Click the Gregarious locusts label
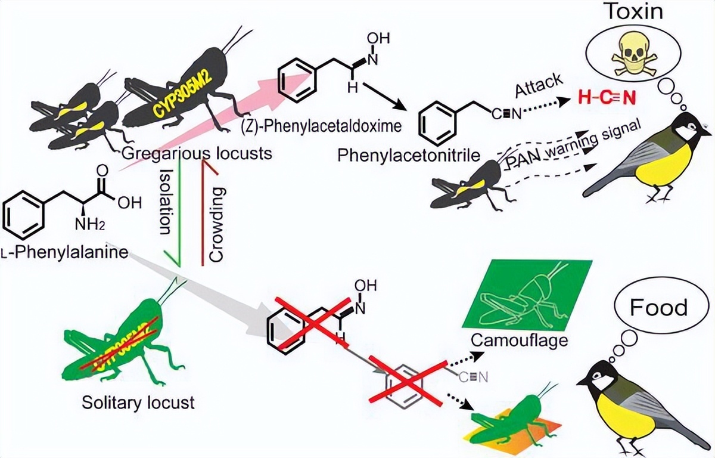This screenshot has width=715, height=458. coord(197,153)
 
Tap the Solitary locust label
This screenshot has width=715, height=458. coord(138,403)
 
